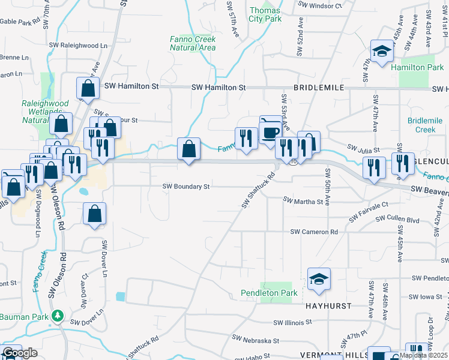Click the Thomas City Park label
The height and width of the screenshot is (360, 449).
[x=265, y=15]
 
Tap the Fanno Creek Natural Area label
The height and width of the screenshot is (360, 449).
[x=192, y=43]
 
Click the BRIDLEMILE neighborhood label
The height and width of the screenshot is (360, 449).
[x=319, y=88]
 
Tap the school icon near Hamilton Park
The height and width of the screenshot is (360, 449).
[x=381, y=52]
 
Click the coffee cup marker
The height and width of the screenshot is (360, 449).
[x=270, y=131]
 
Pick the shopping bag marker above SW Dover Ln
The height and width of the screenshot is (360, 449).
[x=95, y=214]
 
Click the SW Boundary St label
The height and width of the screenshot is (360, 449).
[x=186, y=187]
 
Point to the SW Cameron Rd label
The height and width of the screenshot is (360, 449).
[x=314, y=232]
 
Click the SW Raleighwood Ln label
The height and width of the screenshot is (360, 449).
[x=78, y=45]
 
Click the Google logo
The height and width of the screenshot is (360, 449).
[x=20, y=353]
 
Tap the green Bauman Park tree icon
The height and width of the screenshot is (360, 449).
[x=58, y=315]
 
